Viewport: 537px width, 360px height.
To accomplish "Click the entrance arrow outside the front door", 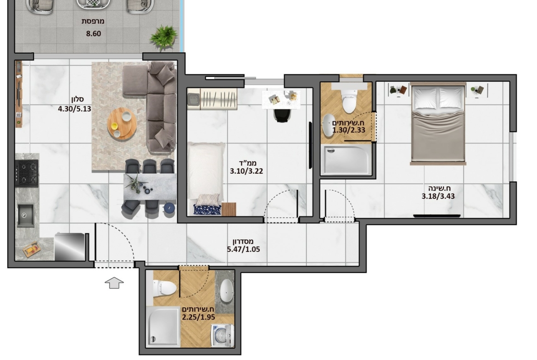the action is click(x=114, y=282).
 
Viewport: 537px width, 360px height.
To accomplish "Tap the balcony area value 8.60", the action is click(x=94, y=33).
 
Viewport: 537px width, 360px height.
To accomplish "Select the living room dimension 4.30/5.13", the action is click(x=75, y=109).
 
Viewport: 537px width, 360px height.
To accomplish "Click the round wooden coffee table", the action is click(x=122, y=123).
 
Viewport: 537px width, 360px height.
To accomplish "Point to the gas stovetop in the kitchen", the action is click(x=27, y=173).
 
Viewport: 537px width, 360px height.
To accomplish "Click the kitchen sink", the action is click(x=26, y=215).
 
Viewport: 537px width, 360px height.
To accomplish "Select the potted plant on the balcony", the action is click(x=164, y=37).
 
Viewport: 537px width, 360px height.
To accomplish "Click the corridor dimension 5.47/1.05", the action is click(x=244, y=249).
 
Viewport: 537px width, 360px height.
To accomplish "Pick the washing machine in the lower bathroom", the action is click(x=222, y=335).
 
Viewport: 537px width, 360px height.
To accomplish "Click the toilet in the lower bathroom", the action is click(x=164, y=288).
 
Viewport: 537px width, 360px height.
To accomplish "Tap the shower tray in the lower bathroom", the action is click(x=162, y=327).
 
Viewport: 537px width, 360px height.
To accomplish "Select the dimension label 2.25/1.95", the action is click(x=199, y=317).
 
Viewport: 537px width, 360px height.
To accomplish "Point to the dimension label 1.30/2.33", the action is click(x=349, y=130).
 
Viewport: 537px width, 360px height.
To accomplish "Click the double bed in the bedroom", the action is click(x=438, y=123).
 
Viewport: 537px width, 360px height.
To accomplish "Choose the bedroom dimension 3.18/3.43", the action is click(x=438, y=196).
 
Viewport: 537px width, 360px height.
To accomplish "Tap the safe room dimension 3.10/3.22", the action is click(x=246, y=171).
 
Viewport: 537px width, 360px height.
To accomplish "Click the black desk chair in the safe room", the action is click(x=282, y=115).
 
